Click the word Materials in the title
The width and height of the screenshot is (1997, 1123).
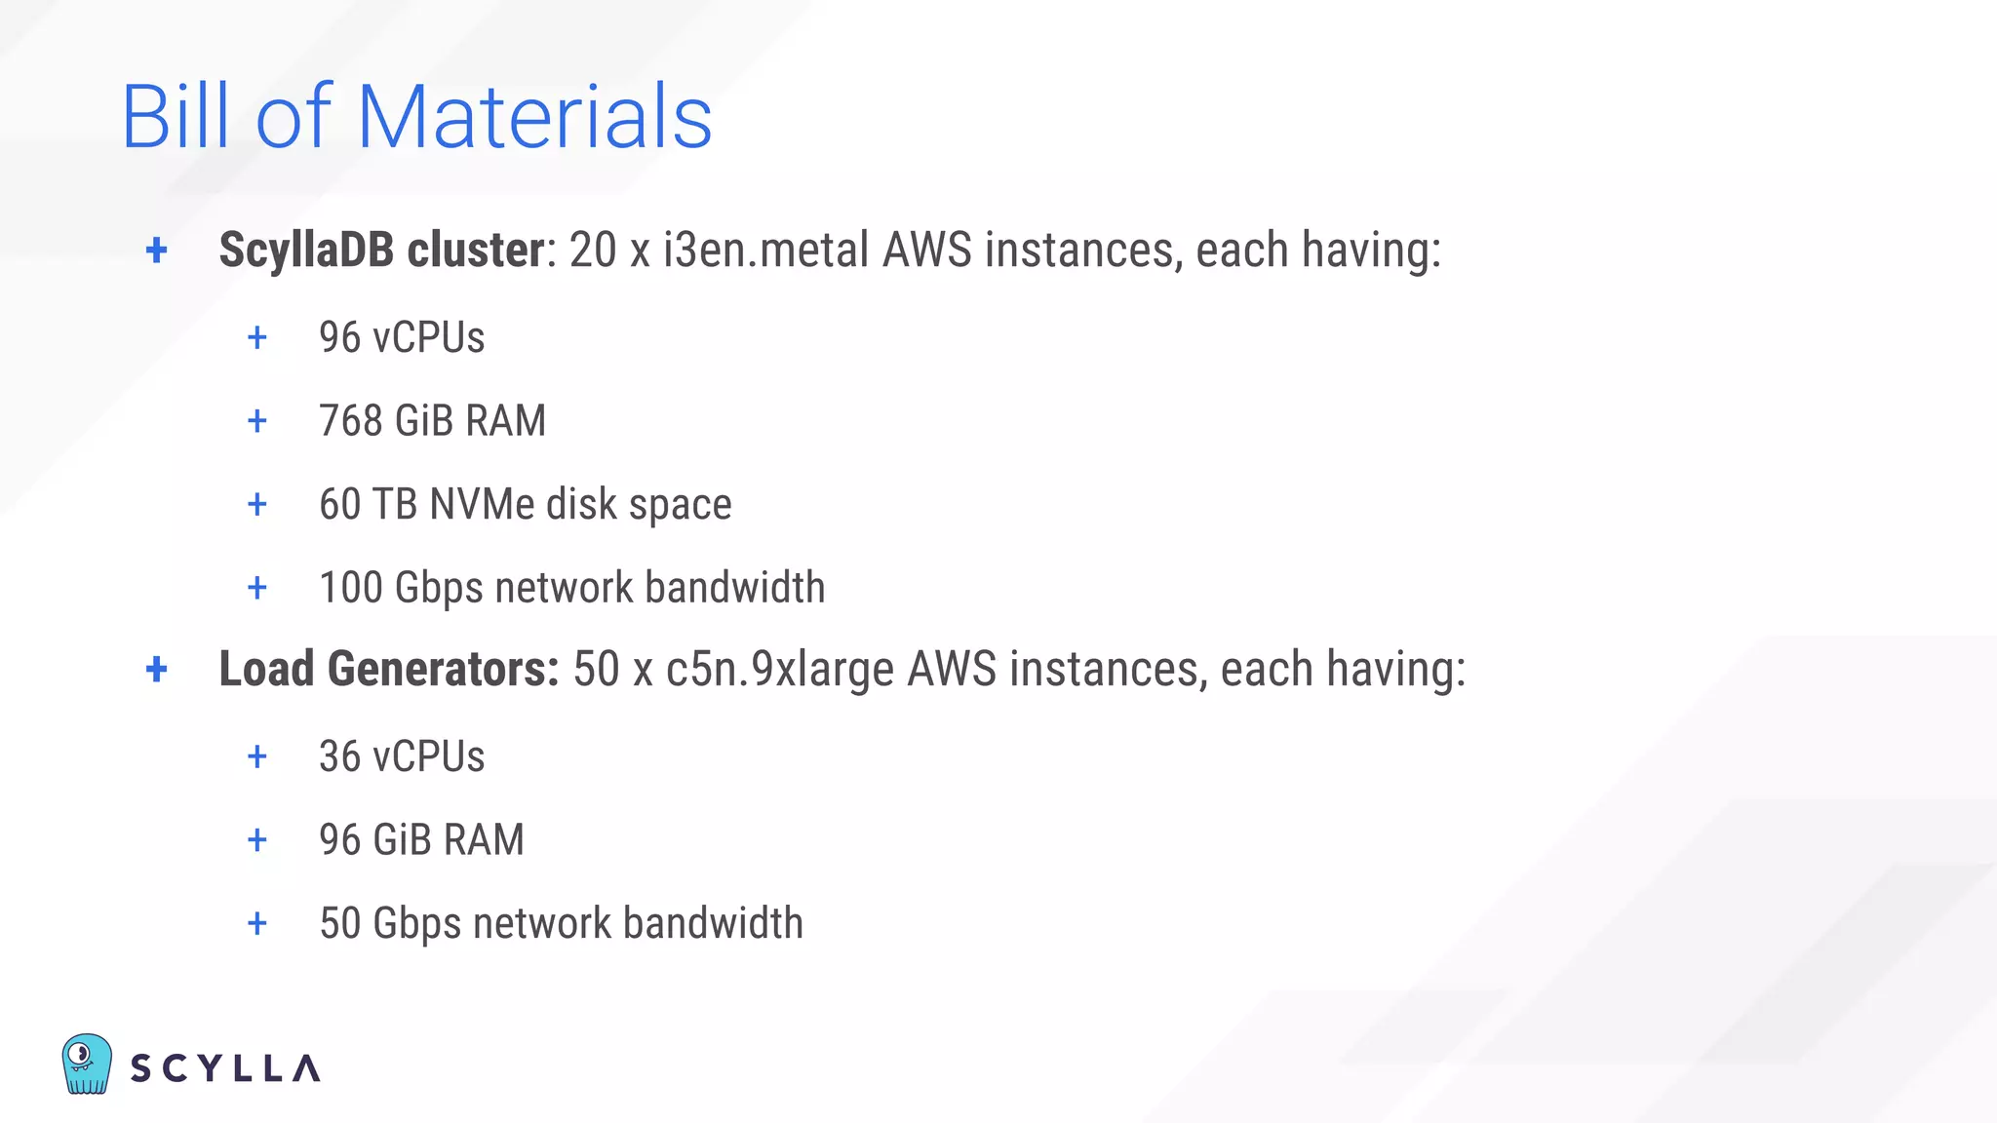pyautogui.click(x=534, y=117)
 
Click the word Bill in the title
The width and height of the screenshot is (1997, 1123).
pyautogui.click(x=176, y=117)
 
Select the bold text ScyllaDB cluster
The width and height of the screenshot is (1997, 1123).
pyautogui.click(x=381, y=250)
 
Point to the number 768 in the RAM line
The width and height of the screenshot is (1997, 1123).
pyautogui.click(x=350, y=421)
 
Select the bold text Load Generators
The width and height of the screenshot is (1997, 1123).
pyautogui.click(x=388, y=670)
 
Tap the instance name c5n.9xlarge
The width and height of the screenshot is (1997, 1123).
pyautogui.click(x=779, y=670)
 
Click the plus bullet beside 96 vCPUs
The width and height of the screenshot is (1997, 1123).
pyautogui.click(x=257, y=338)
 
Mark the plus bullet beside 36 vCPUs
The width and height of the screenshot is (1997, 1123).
pyautogui.click(x=257, y=756)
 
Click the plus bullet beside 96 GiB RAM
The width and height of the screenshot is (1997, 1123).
pyautogui.click(x=257, y=840)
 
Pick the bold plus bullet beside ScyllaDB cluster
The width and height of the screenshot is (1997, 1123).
pyautogui.click(x=156, y=251)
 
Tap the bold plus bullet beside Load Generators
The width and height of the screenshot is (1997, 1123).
pyautogui.click(x=156, y=670)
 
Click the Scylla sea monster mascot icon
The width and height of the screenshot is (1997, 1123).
pyautogui.click(x=87, y=1064)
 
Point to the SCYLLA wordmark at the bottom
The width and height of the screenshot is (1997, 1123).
pyautogui.click(x=225, y=1068)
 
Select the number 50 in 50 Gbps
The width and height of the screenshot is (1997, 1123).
pyautogui.click(x=339, y=923)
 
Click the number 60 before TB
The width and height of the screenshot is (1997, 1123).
pyautogui.click(x=339, y=505)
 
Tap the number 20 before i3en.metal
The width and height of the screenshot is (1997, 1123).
pyautogui.click(x=593, y=250)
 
